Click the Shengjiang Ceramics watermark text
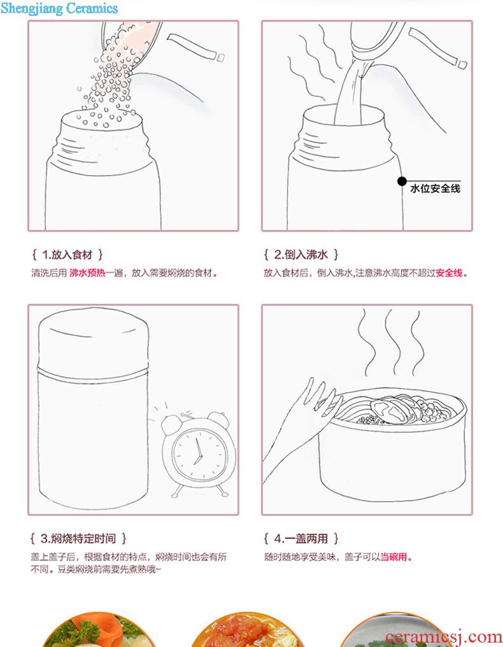pos(59,8)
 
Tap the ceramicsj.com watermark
pos(444,636)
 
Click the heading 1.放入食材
pos(67,255)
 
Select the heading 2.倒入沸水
pos(301,255)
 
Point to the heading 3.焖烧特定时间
pos(78,539)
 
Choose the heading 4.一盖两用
pos(301,539)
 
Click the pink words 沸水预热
pos(87,273)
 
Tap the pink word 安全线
pos(449,273)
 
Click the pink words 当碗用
pos(393,557)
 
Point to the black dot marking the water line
pos(402,181)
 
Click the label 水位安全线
pos(436,188)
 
